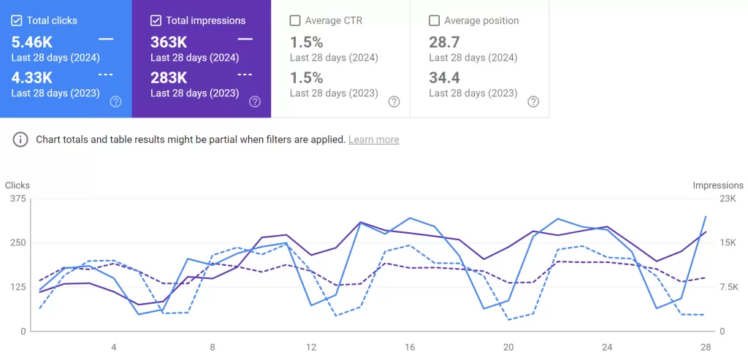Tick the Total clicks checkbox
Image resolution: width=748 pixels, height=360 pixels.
coord(17,20)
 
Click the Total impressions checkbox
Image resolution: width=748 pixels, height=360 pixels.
coord(156,20)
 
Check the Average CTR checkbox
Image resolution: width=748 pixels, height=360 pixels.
coord(295,20)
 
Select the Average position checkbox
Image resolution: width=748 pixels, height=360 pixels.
coord(434,20)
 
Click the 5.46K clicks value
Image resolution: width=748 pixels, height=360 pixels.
coord(32,42)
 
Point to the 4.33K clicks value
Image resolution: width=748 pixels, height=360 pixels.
coord(32,77)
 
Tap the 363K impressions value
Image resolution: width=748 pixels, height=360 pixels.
coord(169,42)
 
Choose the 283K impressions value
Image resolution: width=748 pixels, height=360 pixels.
coord(169,77)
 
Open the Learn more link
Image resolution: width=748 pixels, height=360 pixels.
coord(373,139)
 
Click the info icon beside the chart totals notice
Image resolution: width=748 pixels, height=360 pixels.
coord(20,139)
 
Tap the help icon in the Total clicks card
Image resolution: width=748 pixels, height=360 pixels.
coord(115,102)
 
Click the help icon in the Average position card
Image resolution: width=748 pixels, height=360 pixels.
coord(533,102)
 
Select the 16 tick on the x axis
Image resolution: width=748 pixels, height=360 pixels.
coord(410,347)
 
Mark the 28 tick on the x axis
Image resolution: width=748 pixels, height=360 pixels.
coord(705,347)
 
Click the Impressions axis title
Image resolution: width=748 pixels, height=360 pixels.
coord(717,185)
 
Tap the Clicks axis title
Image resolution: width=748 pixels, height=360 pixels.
coord(18,185)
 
